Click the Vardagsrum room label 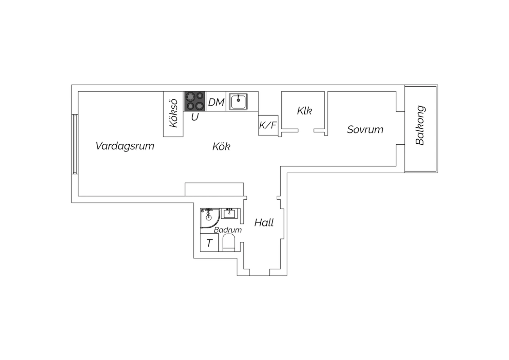tap(125, 146)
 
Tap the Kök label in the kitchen tap(221, 146)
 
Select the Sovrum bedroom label tap(365, 129)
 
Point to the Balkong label tap(420, 125)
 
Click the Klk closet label tap(304, 111)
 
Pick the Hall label tap(264, 223)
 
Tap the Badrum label tap(228, 230)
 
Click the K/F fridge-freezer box tap(268, 125)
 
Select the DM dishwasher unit tap(216, 102)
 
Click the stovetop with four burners tap(194, 102)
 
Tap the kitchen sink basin tap(238, 102)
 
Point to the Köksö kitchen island tap(173, 114)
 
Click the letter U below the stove tap(195, 117)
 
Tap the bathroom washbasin tap(229, 214)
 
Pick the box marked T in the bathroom tap(209, 242)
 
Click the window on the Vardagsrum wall tap(75, 144)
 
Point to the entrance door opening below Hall tap(260, 272)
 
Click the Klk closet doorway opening tap(306, 130)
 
